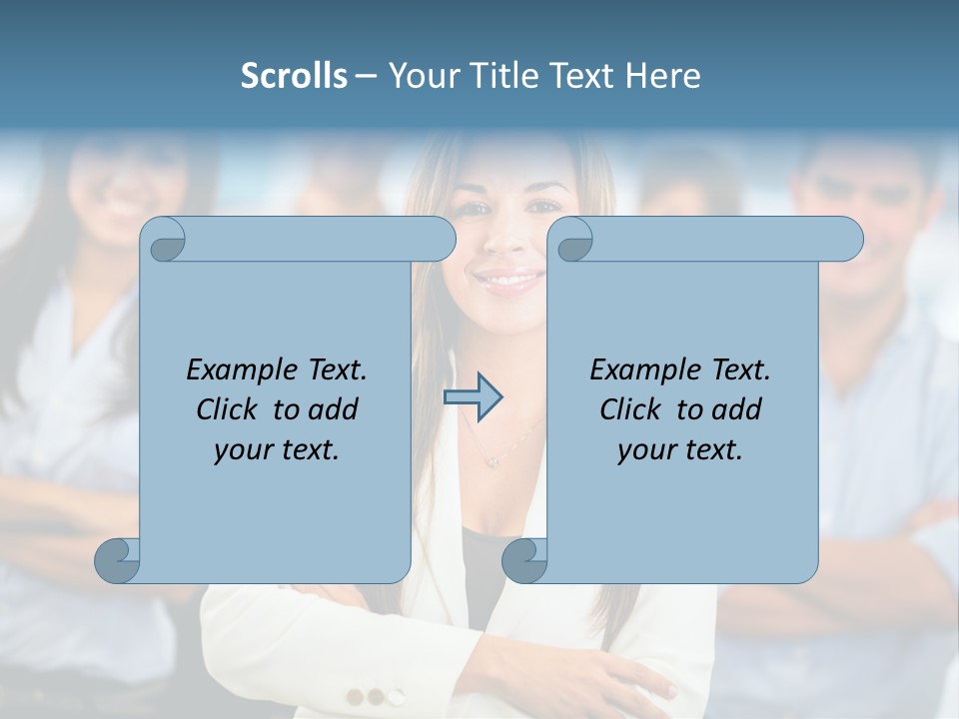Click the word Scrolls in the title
point(294,76)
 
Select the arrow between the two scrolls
point(473,397)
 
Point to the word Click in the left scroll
point(230,409)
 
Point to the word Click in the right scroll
point(633,409)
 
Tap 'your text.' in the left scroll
point(276,450)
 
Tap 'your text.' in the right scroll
point(679,450)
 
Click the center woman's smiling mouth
point(507,279)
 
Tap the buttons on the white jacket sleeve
point(376,696)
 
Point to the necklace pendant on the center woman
point(490,460)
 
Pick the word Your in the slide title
point(420,76)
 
